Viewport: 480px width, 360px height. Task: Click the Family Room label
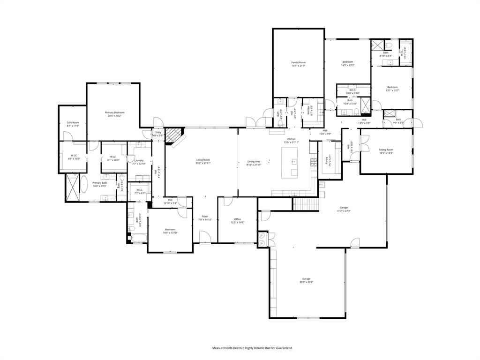click(x=298, y=62)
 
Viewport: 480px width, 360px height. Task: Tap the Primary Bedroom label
click(x=114, y=112)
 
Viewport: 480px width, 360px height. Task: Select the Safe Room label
click(x=73, y=122)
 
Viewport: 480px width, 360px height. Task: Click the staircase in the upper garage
click(x=306, y=204)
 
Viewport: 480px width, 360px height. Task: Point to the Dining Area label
click(x=254, y=161)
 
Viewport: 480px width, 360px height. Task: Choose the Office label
click(x=238, y=219)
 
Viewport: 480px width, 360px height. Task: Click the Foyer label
click(x=205, y=217)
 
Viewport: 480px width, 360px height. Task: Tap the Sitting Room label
click(x=386, y=150)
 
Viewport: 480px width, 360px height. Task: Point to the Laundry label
click(x=139, y=160)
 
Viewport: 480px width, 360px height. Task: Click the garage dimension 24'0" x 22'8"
click(x=306, y=282)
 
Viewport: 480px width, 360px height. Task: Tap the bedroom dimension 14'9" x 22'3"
click(x=347, y=65)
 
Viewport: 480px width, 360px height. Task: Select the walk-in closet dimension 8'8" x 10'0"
click(x=74, y=158)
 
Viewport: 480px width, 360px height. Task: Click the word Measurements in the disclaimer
click(x=225, y=348)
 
